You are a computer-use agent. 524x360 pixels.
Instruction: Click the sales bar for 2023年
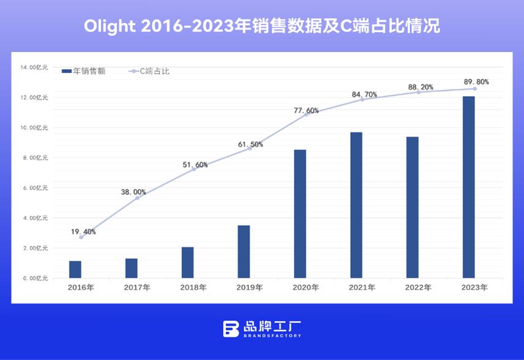tap(468, 187)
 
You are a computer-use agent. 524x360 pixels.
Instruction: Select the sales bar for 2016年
tap(75, 269)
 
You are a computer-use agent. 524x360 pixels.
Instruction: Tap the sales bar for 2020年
tap(300, 214)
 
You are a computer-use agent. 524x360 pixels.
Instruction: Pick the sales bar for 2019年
tap(244, 252)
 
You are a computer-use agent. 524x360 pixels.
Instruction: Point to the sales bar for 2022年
tap(413, 207)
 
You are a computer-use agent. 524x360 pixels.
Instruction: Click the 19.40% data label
tap(83, 231)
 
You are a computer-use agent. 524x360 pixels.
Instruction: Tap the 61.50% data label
tap(250, 144)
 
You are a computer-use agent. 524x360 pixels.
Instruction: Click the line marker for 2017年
tap(137, 198)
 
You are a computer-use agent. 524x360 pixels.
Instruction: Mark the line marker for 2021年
tap(362, 99)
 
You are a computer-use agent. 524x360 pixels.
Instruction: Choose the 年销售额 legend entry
tap(84, 72)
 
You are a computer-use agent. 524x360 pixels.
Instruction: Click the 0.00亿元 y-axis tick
tap(36, 279)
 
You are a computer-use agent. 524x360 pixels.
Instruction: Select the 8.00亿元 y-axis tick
tap(36, 158)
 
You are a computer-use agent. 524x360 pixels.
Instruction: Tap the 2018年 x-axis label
tap(193, 287)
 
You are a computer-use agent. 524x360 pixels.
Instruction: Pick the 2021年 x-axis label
tap(362, 287)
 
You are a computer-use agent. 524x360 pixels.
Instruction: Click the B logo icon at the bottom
tap(231, 328)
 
